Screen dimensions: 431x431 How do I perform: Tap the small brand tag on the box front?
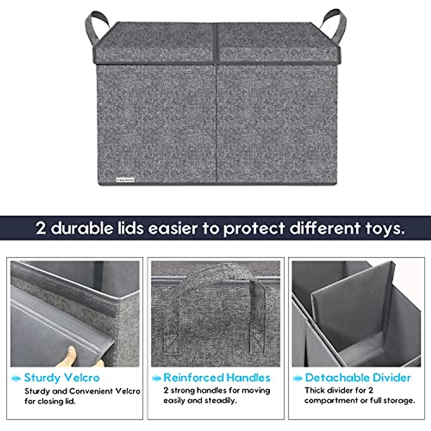(125, 179)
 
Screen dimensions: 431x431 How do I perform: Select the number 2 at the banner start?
(41, 228)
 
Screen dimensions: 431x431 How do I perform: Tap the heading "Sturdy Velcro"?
(62, 377)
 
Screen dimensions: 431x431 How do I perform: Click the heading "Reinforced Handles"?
(217, 377)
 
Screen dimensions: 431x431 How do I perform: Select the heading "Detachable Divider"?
(358, 377)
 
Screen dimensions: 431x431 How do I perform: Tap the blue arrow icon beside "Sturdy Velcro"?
(16, 378)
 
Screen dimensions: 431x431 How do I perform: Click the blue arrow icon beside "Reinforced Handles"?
(157, 378)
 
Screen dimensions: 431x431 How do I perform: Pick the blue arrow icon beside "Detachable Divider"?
(298, 378)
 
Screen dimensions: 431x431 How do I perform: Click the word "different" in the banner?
(325, 228)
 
